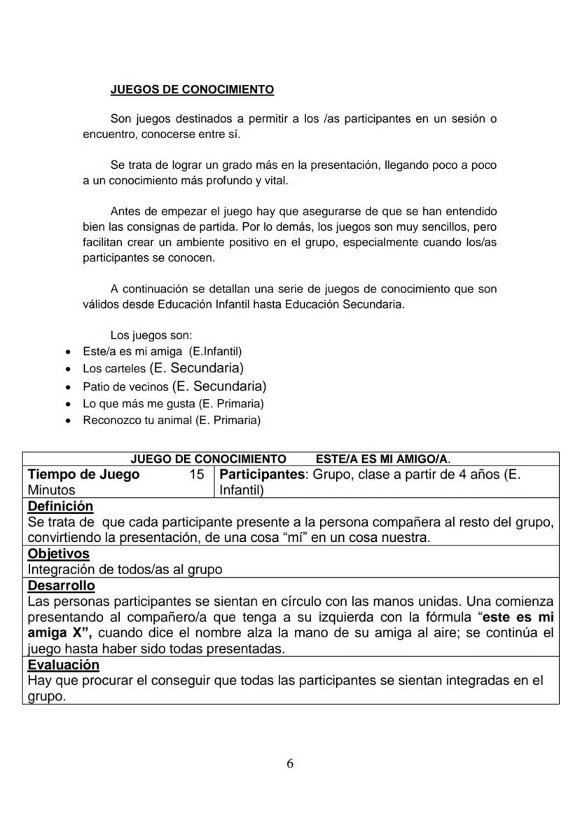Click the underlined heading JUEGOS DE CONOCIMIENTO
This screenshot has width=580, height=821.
tap(192, 90)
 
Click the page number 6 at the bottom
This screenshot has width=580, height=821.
tap(290, 764)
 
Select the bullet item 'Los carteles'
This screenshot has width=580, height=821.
tap(163, 368)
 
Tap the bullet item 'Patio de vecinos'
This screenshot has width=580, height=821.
tap(174, 386)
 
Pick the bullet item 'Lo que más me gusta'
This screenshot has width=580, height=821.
tap(173, 404)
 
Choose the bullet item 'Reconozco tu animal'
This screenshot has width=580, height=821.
tap(171, 421)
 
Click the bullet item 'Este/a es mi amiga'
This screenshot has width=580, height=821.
tap(162, 351)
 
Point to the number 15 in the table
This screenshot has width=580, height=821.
tap(197, 475)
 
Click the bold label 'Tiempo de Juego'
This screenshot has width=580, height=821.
tap(83, 475)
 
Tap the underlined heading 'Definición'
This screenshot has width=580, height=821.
tap(60, 506)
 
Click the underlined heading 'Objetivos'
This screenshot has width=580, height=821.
tap(58, 554)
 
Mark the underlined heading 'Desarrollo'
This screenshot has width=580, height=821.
tap(61, 585)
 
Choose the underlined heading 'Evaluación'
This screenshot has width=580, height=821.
tap(63, 665)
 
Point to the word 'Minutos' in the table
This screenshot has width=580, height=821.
tap(51, 490)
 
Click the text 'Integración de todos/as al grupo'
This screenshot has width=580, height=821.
tap(125, 569)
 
